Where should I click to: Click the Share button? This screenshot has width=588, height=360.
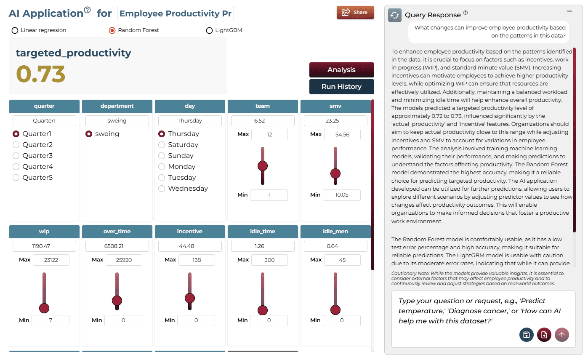pos(355,12)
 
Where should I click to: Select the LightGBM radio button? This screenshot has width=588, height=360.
pos(209,30)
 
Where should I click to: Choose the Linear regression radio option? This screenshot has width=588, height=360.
pos(15,30)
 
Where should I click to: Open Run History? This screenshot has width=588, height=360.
pos(341,87)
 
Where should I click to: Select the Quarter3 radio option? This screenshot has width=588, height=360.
pos(16,156)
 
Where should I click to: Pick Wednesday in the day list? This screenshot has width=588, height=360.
pos(162,189)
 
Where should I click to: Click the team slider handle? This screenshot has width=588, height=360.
pos(263,166)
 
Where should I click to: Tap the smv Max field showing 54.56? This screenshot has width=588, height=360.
pos(342,134)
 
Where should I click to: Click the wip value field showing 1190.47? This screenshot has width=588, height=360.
pos(44,246)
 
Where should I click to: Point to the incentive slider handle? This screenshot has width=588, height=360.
pos(190,298)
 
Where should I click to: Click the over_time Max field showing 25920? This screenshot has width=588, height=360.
pos(124,260)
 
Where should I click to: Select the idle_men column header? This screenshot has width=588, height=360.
pos(335,231)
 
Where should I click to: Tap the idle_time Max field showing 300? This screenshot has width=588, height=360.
pos(269,260)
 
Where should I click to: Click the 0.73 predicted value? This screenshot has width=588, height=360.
pos(40,74)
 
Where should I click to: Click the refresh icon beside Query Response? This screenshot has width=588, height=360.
pos(395,15)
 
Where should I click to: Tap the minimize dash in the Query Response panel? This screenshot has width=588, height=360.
pos(569,11)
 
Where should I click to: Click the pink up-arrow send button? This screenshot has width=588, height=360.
pos(562,335)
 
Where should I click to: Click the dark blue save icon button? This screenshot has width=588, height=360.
pos(526,335)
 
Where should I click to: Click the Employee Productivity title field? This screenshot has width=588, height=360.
pos(176,13)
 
